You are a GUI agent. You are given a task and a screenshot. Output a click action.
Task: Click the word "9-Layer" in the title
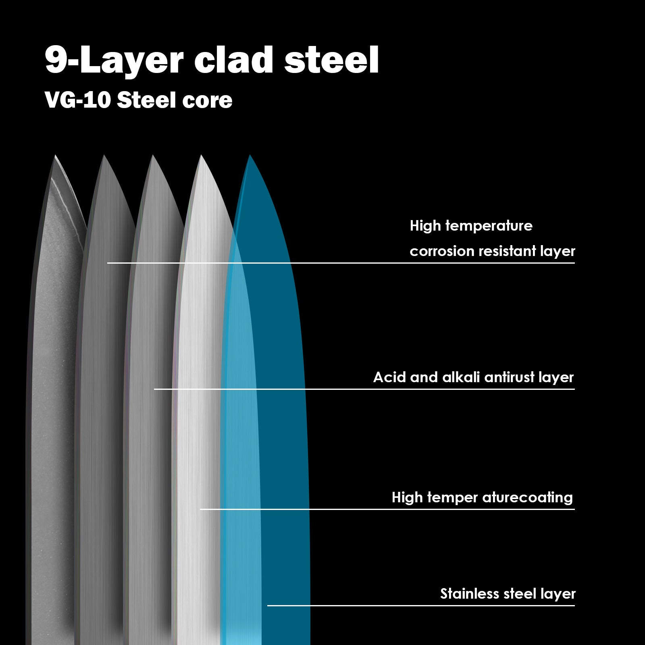[114, 60]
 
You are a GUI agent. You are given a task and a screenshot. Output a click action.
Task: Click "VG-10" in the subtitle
[78, 100]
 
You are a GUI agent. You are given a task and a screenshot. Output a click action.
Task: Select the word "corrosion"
[442, 251]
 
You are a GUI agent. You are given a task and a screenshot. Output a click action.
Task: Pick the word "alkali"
[461, 377]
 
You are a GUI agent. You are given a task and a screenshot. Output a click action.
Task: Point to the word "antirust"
[509, 377]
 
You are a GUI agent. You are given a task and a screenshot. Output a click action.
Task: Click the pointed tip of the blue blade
[250, 155]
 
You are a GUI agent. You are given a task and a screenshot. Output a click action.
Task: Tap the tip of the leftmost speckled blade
[55, 156]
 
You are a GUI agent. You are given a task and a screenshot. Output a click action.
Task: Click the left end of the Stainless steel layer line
[268, 605]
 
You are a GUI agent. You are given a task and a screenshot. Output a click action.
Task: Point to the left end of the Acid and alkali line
[155, 389]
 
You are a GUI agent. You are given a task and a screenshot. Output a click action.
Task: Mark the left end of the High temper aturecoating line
[201, 509]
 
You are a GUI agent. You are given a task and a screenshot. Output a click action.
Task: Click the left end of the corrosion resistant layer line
[108, 263]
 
